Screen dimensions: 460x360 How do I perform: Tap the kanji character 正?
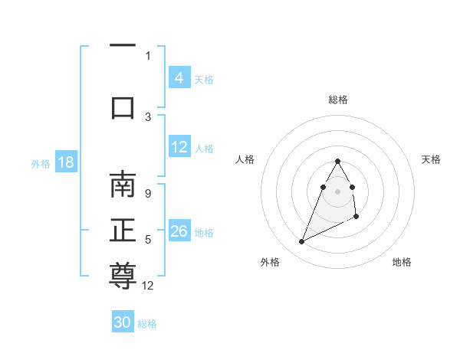point(123,231)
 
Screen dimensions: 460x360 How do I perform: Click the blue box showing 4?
point(179,78)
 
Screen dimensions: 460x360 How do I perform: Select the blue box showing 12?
point(179,147)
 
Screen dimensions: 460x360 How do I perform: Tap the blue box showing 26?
point(179,232)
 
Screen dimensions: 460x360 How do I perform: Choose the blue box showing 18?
point(65,163)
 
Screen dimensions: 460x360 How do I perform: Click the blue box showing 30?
point(123,323)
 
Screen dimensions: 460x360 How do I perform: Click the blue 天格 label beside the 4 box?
point(204,79)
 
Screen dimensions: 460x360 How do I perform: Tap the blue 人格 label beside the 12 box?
point(204,148)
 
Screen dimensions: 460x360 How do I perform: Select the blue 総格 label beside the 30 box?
point(147,324)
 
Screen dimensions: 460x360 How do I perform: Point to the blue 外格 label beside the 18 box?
point(41,164)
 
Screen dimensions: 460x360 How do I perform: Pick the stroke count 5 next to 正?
point(148,240)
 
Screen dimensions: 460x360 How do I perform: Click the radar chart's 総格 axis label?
point(338,100)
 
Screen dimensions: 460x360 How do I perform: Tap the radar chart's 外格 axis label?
point(270,262)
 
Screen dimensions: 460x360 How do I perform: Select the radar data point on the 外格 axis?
point(301,242)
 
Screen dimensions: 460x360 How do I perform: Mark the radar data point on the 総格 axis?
point(338,161)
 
